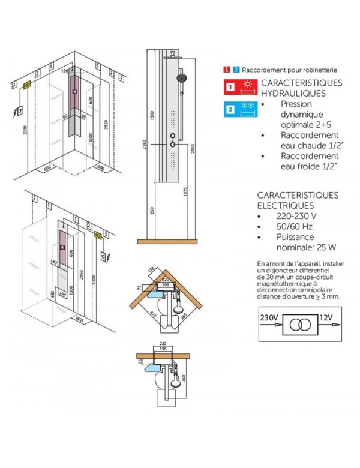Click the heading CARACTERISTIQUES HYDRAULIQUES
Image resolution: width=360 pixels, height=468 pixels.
click(x=292, y=88)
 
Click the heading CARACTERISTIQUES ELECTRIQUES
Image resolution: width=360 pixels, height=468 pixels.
click(x=289, y=200)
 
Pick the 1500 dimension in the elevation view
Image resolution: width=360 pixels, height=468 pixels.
click(x=152, y=115)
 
